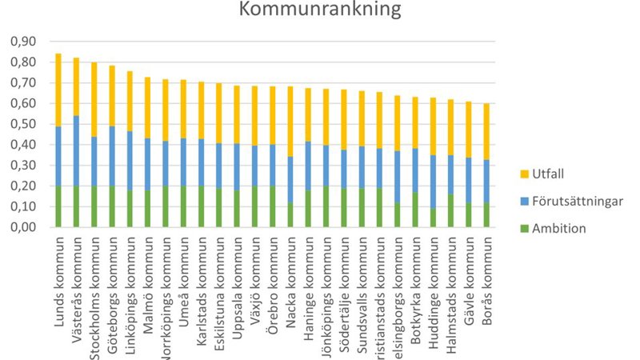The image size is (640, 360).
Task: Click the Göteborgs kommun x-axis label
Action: click(113, 276)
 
